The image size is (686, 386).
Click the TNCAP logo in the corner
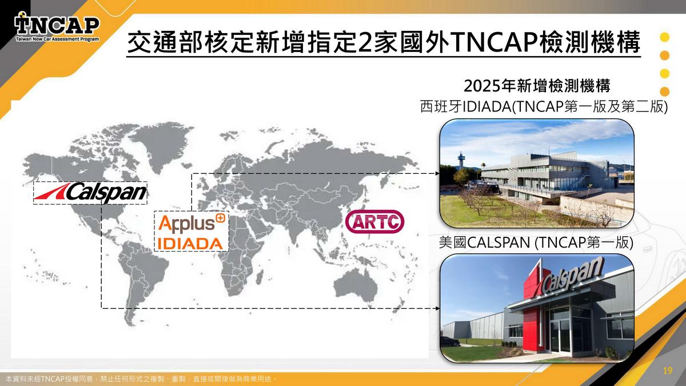pyautogui.click(x=57, y=27)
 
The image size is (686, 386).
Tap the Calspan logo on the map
pyautogui.click(x=90, y=193)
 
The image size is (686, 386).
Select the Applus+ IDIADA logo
pyautogui.click(x=192, y=231)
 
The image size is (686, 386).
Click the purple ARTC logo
pyautogui.click(x=374, y=221)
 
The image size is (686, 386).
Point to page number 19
pyautogui.click(x=668, y=371)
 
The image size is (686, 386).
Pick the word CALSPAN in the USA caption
pyautogui.click(x=498, y=242)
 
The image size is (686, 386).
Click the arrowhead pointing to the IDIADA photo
pyautogui.click(x=437, y=174)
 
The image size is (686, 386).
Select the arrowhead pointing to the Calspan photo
pyautogui.click(x=437, y=308)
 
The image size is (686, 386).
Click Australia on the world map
pyautogui.click(x=355, y=286)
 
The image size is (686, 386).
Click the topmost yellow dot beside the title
pyautogui.click(x=664, y=37)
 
